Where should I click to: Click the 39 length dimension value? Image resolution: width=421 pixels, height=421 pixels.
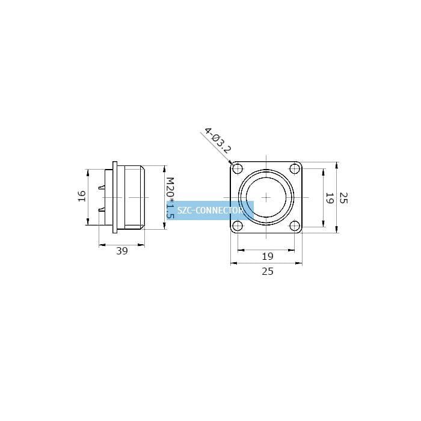pos(122,251)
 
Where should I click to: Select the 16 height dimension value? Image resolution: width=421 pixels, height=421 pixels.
pos(82,196)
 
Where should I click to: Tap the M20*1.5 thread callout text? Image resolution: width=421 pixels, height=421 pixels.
pos(170,198)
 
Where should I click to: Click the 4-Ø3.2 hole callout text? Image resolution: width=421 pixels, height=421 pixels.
pos(218,141)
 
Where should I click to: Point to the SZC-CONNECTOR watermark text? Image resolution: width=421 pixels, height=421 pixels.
pos(210,210)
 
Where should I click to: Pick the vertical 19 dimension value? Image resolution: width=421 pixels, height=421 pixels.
pos(330,198)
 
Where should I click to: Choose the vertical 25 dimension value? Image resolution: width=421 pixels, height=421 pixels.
pos(344,198)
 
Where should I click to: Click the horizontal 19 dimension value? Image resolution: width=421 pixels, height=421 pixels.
pos(268,256)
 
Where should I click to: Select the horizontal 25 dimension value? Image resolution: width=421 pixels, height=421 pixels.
pos(268,271)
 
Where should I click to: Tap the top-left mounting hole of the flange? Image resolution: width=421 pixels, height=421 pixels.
pos(238,169)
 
